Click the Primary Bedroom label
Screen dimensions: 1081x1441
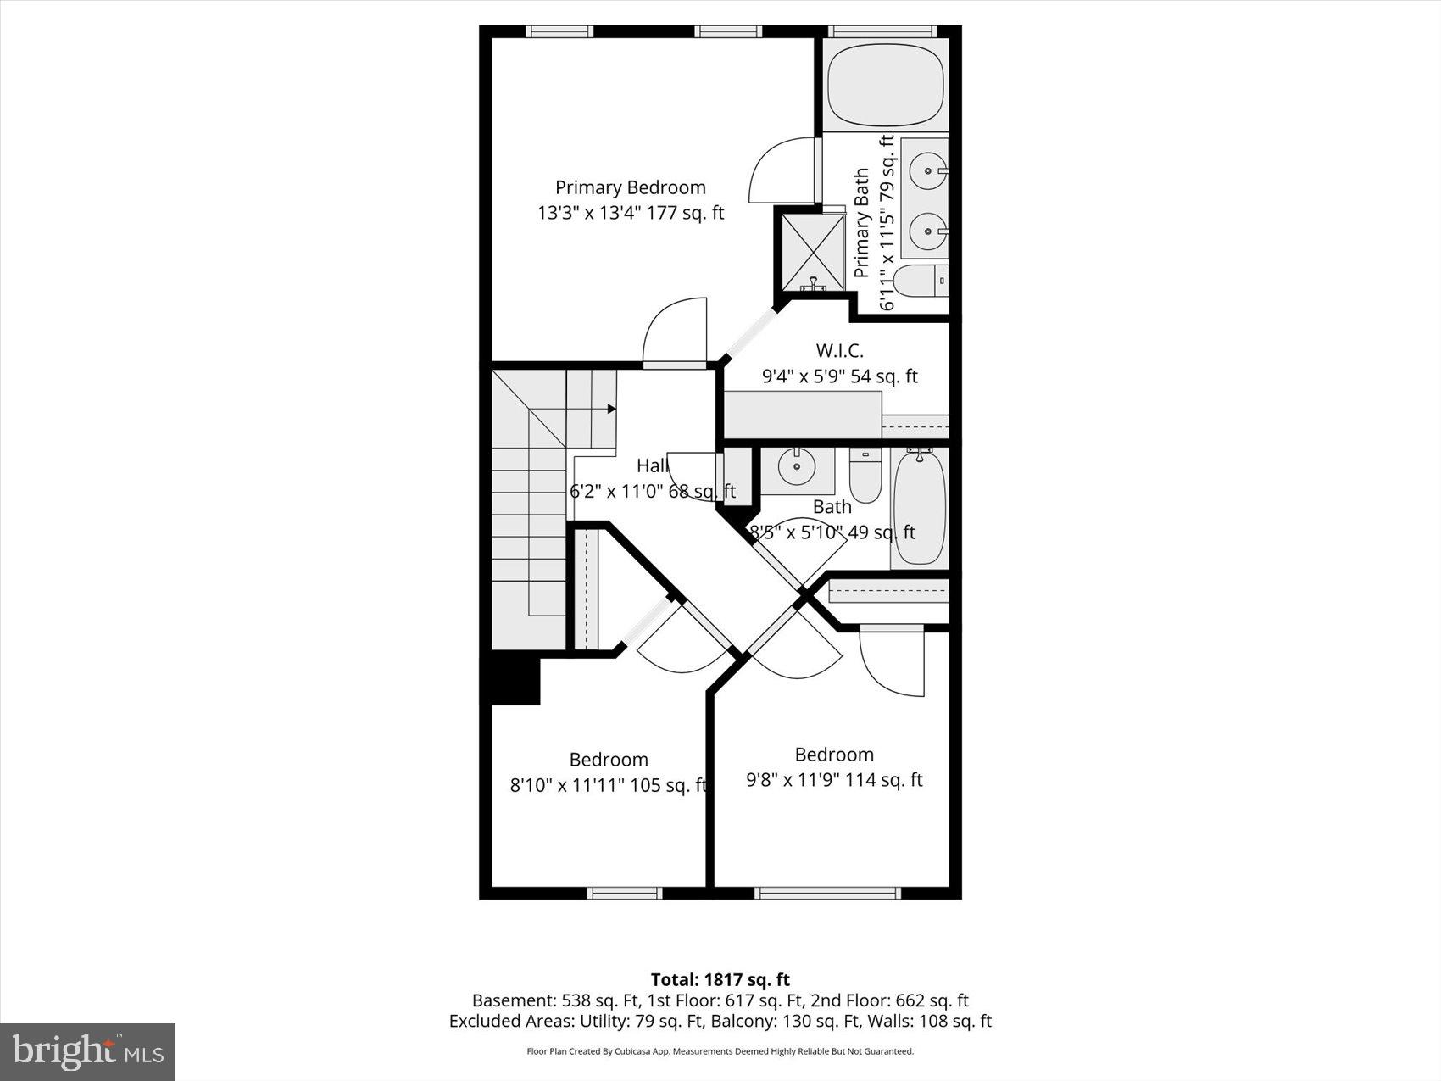pyautogui.click(x=630, y=187)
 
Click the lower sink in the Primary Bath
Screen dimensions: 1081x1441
pyautogui.click(x=927, y=231)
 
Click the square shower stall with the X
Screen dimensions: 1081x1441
pyautogui.click(x=812, y=251)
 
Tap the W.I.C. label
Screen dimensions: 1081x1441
pyautogui.click(x=839, y=351)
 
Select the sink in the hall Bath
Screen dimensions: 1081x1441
pyautogui.click(x=797, y=467)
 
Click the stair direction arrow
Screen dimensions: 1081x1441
pyautogui.click(x=611, y=409)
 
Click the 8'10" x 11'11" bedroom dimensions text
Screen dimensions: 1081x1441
pyautogui.click(x=608, y=786)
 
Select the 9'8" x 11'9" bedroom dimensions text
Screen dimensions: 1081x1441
pyautogui.click(x=834, y=780)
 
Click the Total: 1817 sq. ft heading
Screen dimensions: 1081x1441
pyautogui.click(x=720, y=980)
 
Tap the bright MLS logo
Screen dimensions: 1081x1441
pyautogui.click(x=88, y=1052)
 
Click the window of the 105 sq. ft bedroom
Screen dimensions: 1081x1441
pyautogui.click(x=625, y=893)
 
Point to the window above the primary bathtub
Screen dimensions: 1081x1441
pyautogui.click(x=883, y=31)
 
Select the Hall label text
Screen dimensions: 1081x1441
pyautogui.click(x=653, y=465)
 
